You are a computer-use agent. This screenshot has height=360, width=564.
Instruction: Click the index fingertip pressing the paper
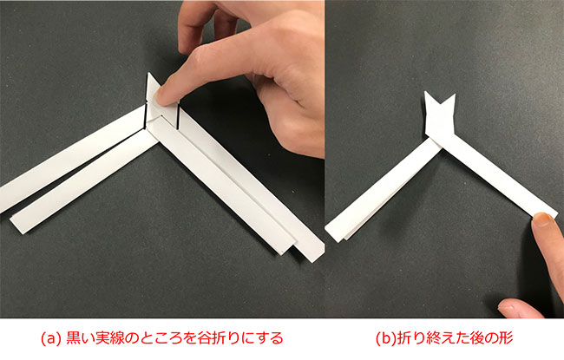point(161,96)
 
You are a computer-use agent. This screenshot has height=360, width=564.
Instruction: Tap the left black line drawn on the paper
point(145,115)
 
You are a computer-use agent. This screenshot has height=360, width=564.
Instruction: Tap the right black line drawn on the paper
point(178,115)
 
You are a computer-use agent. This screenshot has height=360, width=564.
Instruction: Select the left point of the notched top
point(425,92)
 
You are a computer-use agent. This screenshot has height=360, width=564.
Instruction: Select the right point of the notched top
point(455,95)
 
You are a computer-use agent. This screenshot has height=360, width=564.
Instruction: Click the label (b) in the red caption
point(385,338)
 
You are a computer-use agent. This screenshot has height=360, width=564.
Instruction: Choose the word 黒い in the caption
point(80,338)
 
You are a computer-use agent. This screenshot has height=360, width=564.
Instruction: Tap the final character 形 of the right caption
point(506,338)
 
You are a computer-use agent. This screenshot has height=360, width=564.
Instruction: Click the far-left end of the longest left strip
point(1,199)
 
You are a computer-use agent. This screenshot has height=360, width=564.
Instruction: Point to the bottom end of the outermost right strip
point(314,257)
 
